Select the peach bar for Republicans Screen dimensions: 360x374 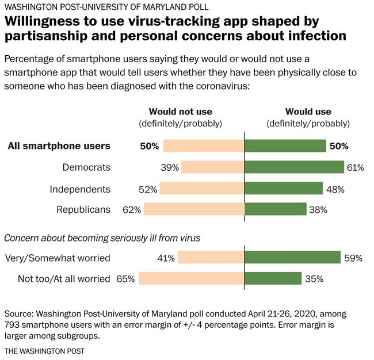click(194, 209)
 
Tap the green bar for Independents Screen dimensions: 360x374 click(284, 189)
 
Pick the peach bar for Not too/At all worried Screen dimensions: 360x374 click(192, 279)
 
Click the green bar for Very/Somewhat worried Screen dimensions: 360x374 click(293, 258)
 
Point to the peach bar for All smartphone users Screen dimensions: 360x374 click(204, 146)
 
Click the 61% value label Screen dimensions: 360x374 click(356, 168)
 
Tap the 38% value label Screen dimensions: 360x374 click(318, 210)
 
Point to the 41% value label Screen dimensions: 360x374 click(166, 258)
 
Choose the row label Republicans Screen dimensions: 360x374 click(83, 209)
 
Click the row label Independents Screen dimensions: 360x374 click(79, 189)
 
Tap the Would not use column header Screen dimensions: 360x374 click(180, 112)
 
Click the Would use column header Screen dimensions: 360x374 click(308, 112)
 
